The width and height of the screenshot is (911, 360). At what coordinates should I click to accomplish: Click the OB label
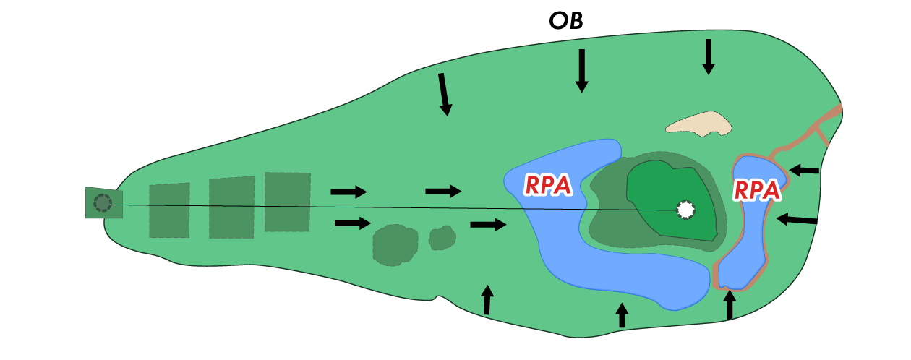click(566, 21)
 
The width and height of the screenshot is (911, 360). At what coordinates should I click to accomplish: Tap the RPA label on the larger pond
click(548, 185)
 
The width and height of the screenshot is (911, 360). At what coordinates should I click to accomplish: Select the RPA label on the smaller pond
click(757, 190)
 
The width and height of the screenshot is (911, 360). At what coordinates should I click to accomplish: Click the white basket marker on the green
click(685, 210)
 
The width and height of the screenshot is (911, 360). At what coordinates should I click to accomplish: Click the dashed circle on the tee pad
click(103, 203)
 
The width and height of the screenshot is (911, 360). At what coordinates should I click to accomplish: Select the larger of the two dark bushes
click(395, 244)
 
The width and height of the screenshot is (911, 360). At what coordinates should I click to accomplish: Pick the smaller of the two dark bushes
click(442, 237)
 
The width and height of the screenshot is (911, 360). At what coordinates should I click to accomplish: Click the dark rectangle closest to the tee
click(169, 210)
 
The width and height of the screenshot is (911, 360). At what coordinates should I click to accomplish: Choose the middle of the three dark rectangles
click(231, 207)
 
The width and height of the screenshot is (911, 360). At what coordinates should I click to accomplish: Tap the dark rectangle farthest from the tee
click(287, 202)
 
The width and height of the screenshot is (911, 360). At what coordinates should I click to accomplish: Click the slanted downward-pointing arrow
click(444, 94)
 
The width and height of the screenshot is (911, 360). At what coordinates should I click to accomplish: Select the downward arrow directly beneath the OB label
click(581, 71)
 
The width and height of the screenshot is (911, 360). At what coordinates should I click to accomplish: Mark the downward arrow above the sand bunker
click(709, 56)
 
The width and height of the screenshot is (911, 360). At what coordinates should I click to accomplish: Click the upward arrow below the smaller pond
click(730, 304)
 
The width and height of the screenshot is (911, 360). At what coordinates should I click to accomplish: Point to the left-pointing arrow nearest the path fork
click(804, 171)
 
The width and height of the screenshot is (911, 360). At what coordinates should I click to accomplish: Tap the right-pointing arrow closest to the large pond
click(488, 225)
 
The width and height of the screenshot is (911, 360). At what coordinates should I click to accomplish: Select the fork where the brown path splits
click(816, 126)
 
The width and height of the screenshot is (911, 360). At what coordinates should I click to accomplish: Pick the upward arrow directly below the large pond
click(622, 315)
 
